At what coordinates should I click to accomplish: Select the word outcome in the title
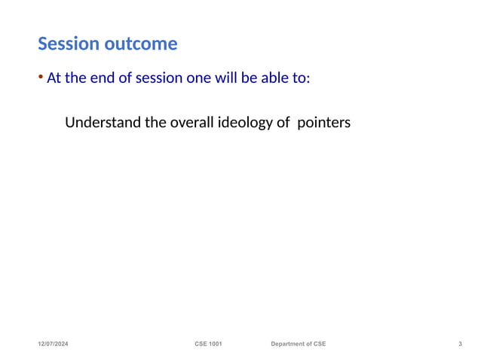pyautogui.click(x=141, y=44)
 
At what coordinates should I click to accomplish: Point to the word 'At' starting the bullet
pyautogui.click(x=54, y=78)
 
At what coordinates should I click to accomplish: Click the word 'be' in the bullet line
pyautogui.click(x=250, y=78)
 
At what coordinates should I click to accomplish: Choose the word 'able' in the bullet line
pyautogui.click(x=275, y=78)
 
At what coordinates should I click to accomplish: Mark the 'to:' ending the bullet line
pyautogui.click(x=302, y=78)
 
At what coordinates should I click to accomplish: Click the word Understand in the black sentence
pyautogui.click(x=103, y=122)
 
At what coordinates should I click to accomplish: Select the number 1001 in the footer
pyautogui.click(x=216, y=344)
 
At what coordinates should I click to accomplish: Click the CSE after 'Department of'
pyautogui.click(x=319, y=344)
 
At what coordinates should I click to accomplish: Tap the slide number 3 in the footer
pyautogui.click(x=460, y=344)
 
